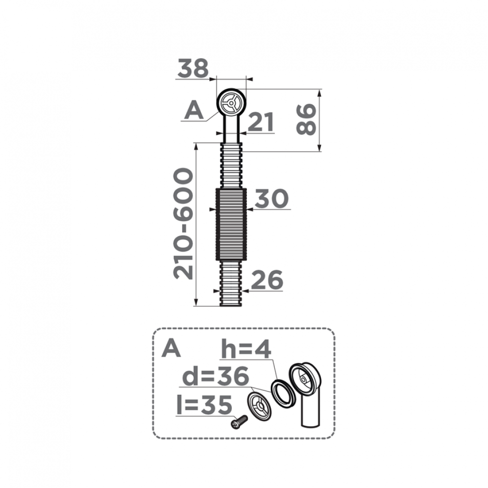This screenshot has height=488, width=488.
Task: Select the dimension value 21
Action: (x=261, y=122)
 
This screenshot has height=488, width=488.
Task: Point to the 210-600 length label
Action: (x=184, y=224)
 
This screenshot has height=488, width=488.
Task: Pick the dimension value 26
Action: (x=266, y=281)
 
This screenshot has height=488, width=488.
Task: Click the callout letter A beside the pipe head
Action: (x=194, y=111)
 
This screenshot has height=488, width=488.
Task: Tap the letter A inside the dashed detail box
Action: (x=171, y=348)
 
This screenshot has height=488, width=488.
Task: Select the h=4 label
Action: (x=246, y=350)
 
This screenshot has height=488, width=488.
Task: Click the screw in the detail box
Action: (x=239, y=421)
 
